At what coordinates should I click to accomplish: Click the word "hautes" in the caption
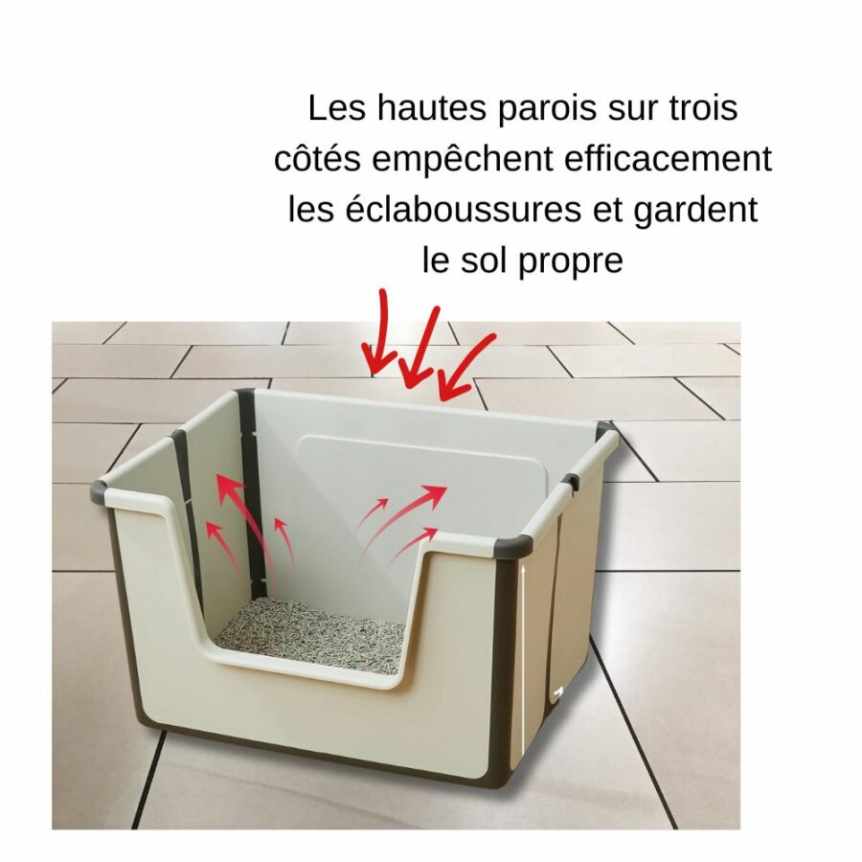432,107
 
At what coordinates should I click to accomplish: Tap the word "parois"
547,109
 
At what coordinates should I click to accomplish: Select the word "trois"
703,107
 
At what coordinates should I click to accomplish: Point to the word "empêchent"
463,160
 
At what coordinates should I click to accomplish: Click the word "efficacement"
668,158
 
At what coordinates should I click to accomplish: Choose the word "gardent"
695,211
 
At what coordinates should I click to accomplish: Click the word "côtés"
317,159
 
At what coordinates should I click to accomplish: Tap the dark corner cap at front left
99,489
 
